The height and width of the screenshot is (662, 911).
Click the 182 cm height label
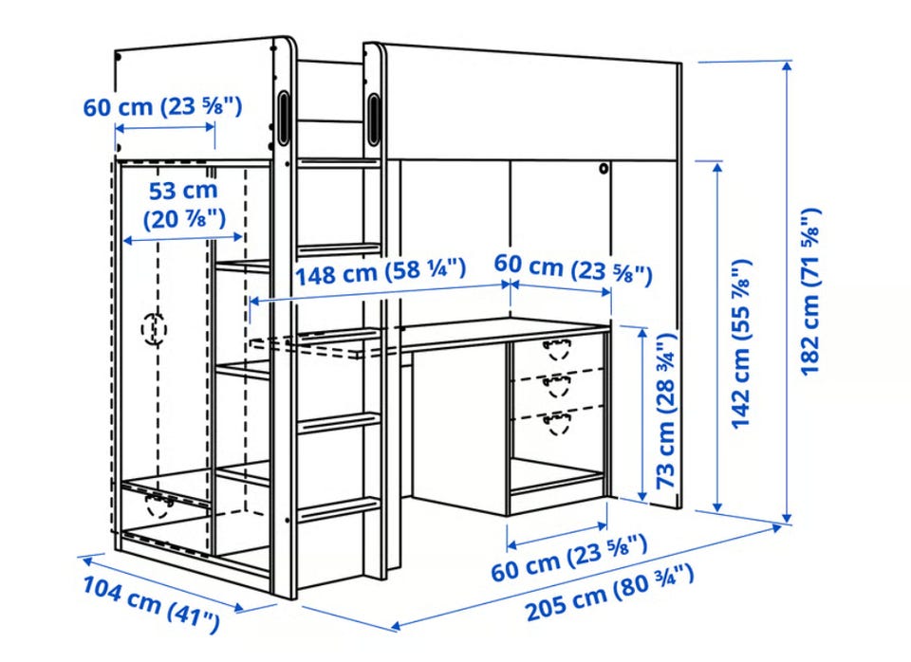pyautogui.click(x=810, y=291)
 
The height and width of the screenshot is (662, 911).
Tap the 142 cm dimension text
pyautogui.click(x=741, y=343)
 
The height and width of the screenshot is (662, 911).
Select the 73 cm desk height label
pyautogui.click(x=666, y=411)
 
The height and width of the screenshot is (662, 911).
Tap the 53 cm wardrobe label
pyautogui.click(x=183, y=205)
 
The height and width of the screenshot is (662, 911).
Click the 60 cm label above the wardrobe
pyautogui.click(x=162, y=106)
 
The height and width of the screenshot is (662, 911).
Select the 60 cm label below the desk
pyautogui.click(x=568, y=559)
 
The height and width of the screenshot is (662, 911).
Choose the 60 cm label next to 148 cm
pyautogui.click(x=573, y=268)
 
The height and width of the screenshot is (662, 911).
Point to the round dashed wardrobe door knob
pyautogui.click(x=154, y=329)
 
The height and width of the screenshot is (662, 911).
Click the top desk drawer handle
pyautogui.click(x=557, y=350)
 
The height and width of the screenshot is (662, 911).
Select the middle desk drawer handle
pyautogui.click(x=557, y=386)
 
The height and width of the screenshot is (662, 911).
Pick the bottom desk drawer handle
pyautogui.click(x=557, y=423)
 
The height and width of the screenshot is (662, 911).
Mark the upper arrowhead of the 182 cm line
pyautogui.click(x=788, y=65)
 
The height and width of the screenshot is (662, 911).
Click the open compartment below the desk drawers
pyautogui.click(x=557, y=473)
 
